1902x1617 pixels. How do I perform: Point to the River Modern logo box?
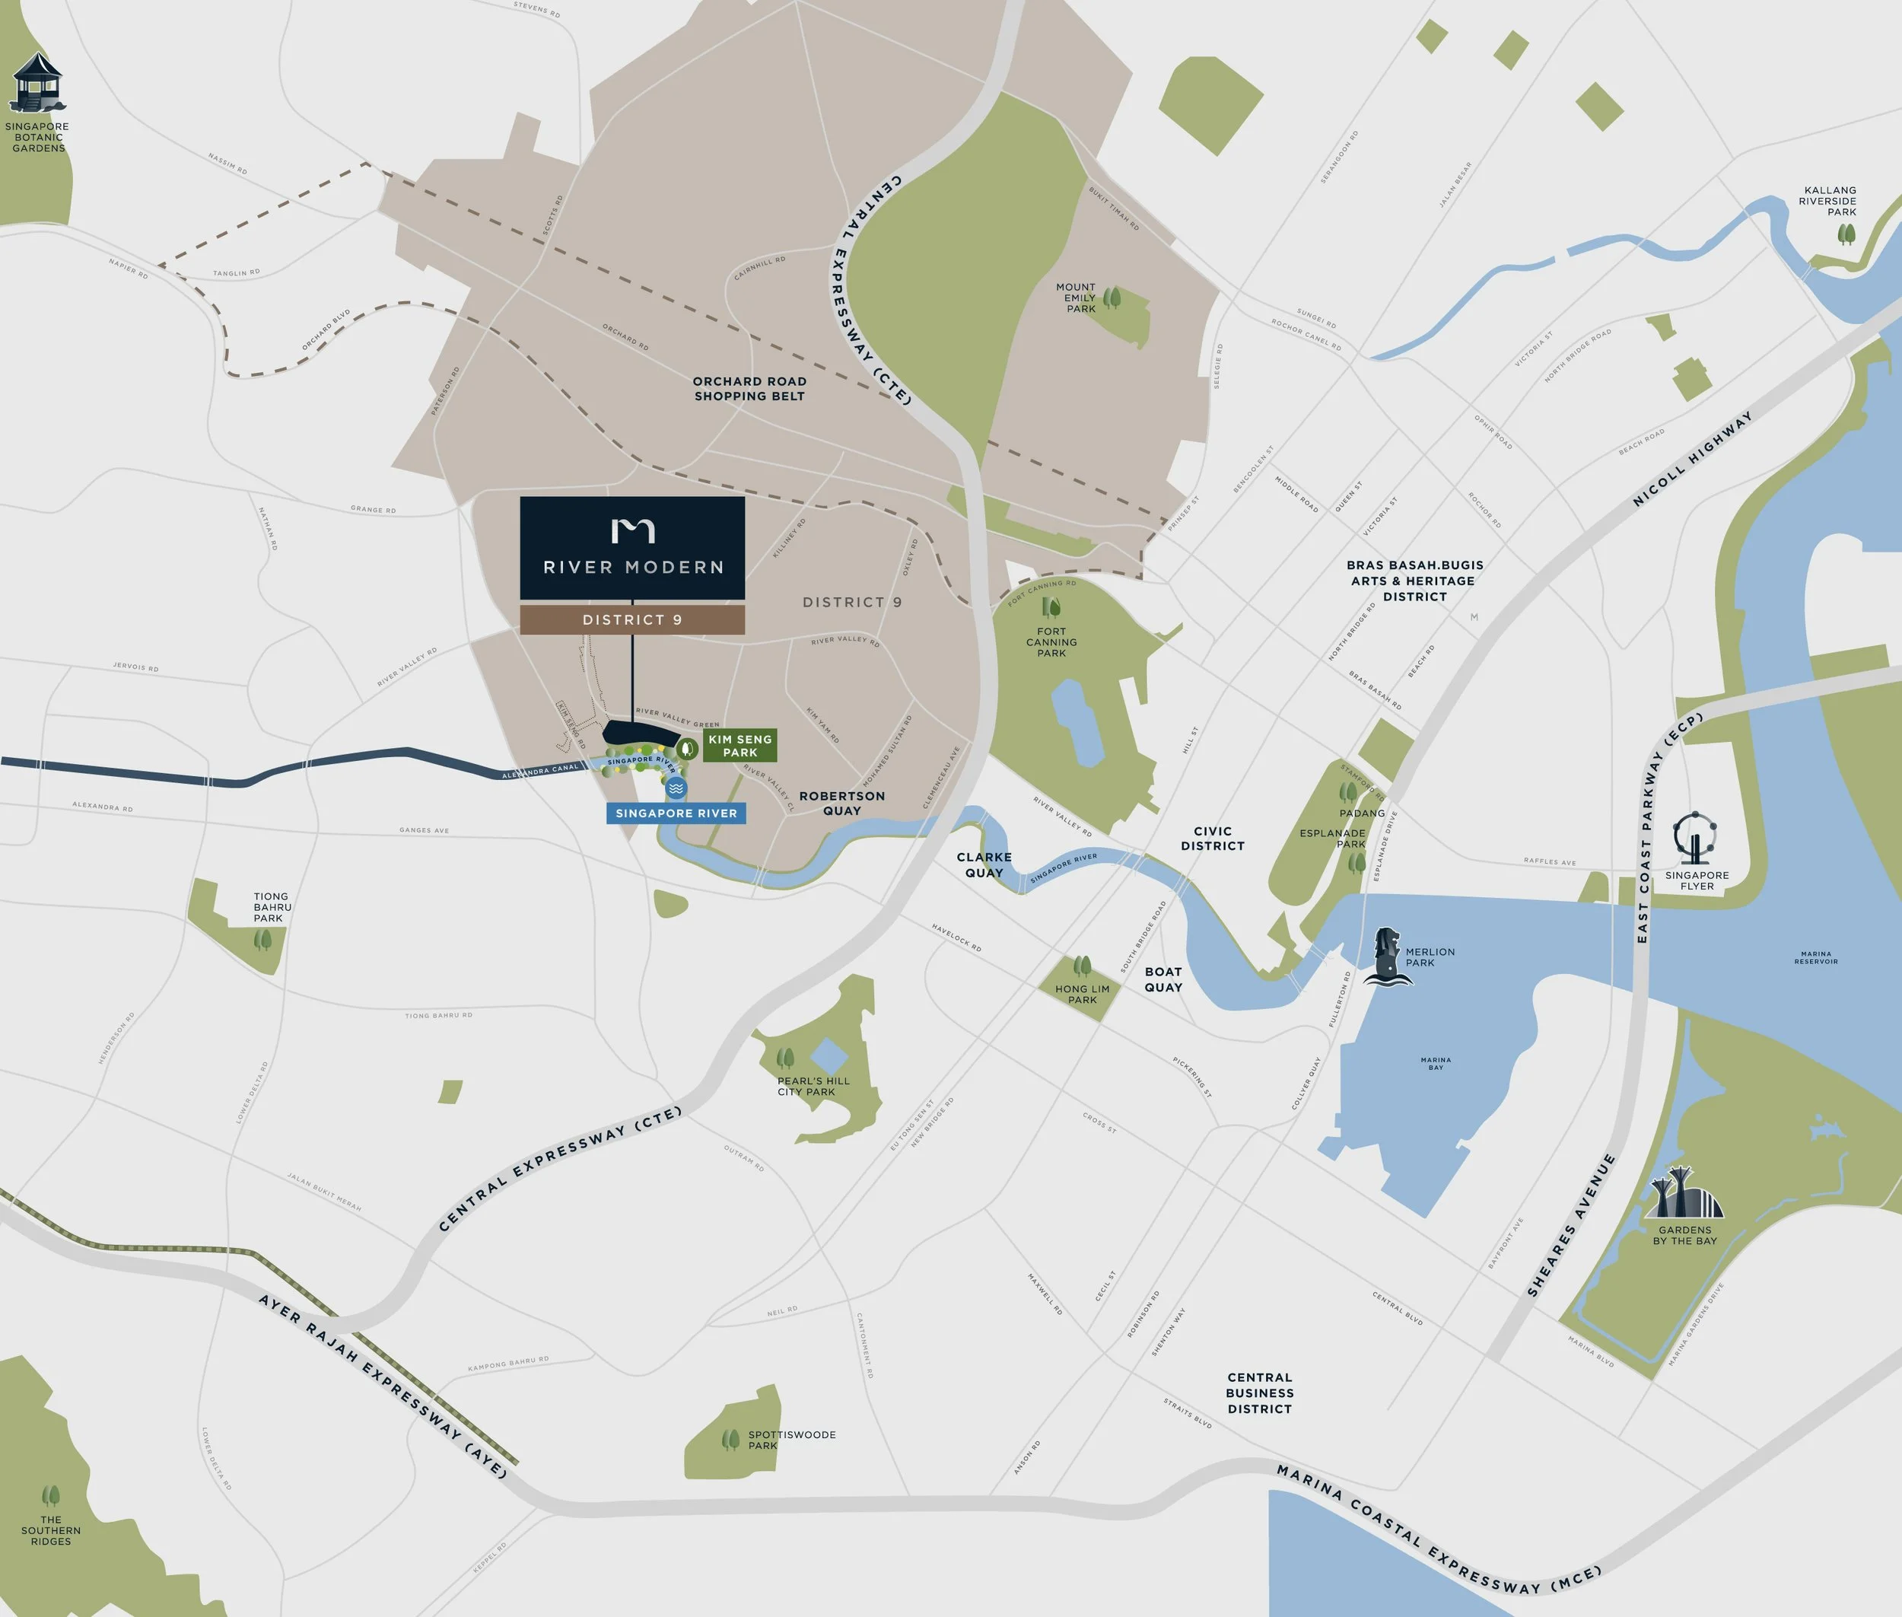[632, 548]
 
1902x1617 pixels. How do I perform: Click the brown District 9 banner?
[632, 619]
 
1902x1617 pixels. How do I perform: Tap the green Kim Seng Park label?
[739, 745]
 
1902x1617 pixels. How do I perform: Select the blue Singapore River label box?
[676, 813]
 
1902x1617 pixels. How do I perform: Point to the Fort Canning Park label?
[1051, 641]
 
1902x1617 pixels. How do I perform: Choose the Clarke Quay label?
[984, 864]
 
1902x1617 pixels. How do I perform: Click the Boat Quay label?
[1163, 979]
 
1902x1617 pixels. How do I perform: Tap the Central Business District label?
[1259, 1393]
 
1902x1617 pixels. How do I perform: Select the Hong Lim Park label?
[1082, 994]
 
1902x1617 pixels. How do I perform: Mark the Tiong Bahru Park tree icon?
[263, 939]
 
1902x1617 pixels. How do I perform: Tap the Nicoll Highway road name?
[1692, 458]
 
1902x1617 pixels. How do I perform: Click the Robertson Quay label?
[841, 803]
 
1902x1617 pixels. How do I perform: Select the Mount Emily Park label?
[1077, 298]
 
